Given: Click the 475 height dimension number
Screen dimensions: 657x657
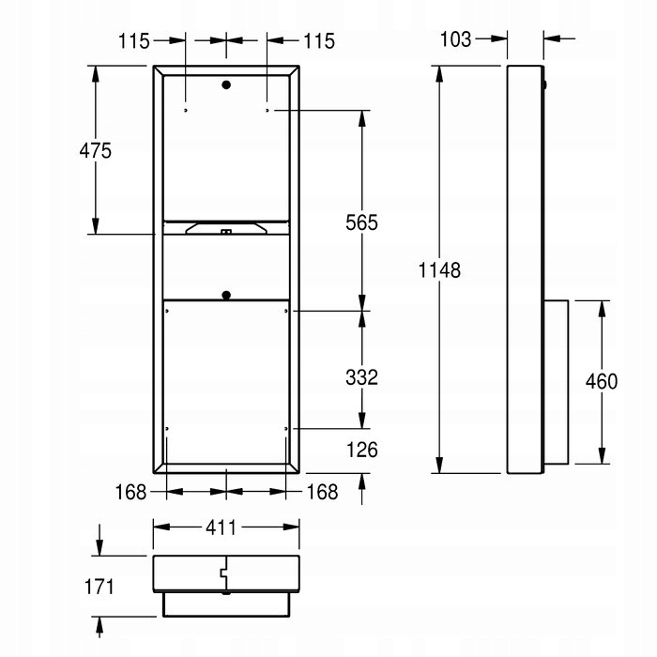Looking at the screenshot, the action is click(96, 150).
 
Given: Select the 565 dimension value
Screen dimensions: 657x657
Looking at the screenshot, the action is click(361, 222).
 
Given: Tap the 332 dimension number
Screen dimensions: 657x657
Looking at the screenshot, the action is click(361, 377).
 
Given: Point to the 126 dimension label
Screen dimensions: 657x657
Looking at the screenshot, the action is click(362, 450).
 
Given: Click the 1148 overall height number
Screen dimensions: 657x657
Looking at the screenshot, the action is click(439, 270).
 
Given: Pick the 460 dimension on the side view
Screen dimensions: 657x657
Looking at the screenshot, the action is click(602, 381).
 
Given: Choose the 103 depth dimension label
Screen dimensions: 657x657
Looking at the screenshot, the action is click(455, 39).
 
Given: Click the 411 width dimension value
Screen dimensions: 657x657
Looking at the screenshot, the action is click(221, 527).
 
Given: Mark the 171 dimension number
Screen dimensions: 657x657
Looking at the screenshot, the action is click(99, 587).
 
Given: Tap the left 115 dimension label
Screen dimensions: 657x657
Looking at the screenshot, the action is click(133, 41).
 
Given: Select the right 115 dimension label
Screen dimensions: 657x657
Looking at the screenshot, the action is click(319, 41).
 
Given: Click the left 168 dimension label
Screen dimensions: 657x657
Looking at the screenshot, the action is click(130, 492).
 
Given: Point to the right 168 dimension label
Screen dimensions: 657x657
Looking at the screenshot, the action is click(322, 492).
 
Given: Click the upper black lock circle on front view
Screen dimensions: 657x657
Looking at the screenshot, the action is click(226, 85).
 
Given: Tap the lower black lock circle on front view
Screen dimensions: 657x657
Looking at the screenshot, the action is click(226, 295).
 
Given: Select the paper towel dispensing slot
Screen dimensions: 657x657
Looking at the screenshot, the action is click(226, 229).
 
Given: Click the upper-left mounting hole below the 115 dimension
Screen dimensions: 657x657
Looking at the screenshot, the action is click(186, 110).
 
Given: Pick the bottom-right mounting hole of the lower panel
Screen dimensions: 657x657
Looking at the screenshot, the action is click(286, 429).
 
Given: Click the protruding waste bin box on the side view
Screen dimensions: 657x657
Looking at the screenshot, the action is click(556, 382).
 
